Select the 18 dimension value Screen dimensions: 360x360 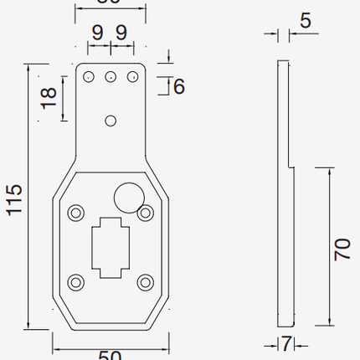pos(47,97)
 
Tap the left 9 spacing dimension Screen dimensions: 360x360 pos(97,34)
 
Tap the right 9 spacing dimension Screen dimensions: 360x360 pos(122,34)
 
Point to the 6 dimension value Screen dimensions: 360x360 pos(179,85)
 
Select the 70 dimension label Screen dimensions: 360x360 pos(342,249)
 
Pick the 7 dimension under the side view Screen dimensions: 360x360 pos(286,344)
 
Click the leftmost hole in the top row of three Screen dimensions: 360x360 pos(88,77)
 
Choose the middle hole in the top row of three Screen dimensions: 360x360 pos(110,77)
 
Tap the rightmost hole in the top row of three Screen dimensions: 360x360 pos(131,77)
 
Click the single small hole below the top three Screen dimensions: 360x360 pos(110,121)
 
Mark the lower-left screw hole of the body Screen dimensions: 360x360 pos(77,281)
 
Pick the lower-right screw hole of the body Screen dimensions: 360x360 pos(144,281)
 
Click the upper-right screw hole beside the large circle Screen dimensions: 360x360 pos(146,213)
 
